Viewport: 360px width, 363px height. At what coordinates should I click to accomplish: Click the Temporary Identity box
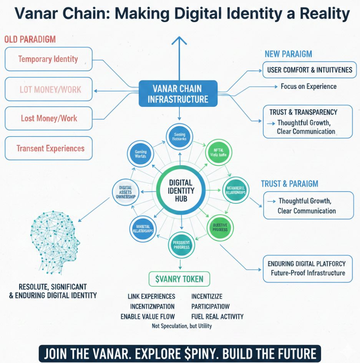(x=48, y=59)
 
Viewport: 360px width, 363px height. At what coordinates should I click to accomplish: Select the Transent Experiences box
(x=48, y=148)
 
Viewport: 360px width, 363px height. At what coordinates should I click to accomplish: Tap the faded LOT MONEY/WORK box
(x=48, y=90)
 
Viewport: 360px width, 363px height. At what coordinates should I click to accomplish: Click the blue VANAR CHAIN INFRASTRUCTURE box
(x=178, y=93)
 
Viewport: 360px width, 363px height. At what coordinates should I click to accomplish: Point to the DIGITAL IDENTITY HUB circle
(x=181, y=190)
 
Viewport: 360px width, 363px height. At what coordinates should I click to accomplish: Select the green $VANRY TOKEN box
(x=179, y=279)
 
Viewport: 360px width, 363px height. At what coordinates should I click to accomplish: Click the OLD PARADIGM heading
(x=30, y=39)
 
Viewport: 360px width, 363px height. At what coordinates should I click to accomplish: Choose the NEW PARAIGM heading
(x=288, y=54)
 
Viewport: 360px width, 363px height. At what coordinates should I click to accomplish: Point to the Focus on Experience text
(x=308, y=86)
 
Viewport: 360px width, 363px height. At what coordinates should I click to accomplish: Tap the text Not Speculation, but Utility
(x=182, y=326)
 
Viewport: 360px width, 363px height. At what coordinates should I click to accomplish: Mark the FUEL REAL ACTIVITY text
(x=217, y=317)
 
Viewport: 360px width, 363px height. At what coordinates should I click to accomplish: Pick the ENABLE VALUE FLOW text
(x=148, y=317)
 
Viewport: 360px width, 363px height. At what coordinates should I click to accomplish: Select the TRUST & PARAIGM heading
(x=290, y=184)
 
